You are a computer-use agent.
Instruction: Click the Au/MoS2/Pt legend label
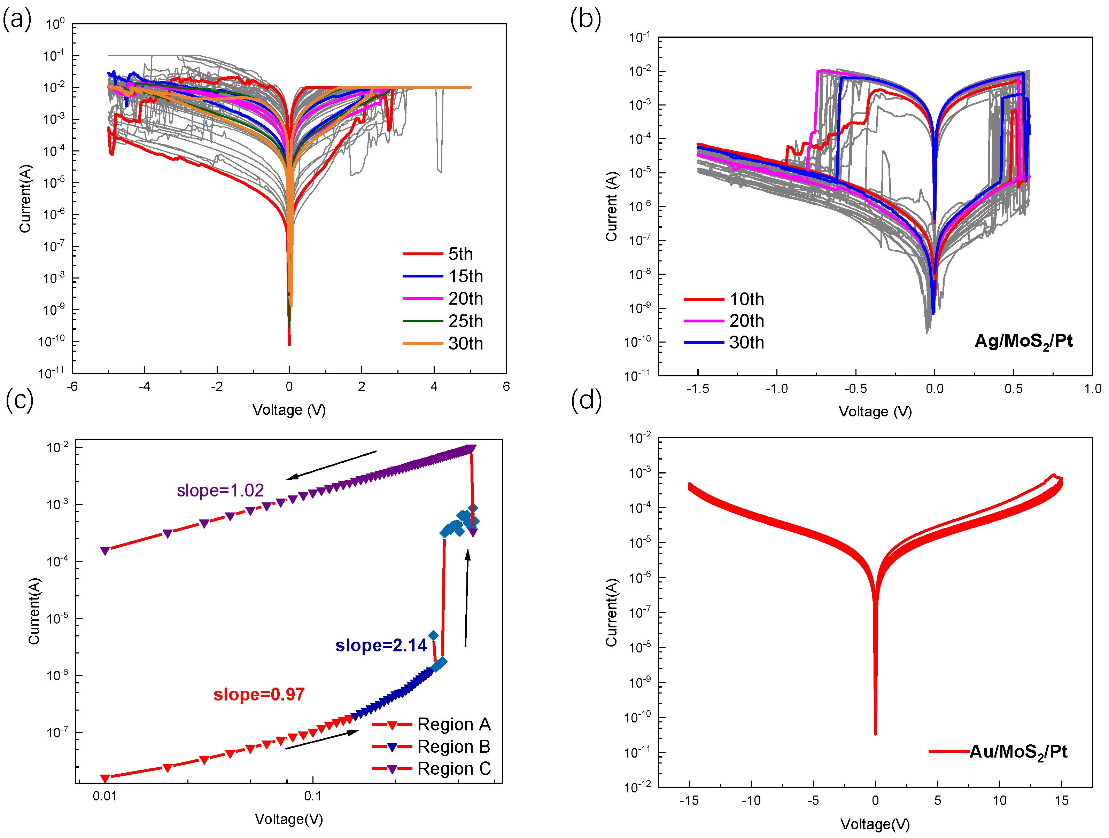click(1018, 751)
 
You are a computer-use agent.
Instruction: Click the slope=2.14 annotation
click(381, 645)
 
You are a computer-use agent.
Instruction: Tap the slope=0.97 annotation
click(259, 694)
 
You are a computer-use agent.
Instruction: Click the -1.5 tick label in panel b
click(697, 389)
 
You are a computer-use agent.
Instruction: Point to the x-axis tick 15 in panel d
click(1061, 800)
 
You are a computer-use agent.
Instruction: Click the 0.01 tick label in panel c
click(105, 796)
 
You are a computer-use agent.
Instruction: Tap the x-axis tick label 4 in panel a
click(434, 386)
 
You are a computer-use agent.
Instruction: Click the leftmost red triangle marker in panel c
click(105, 778)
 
